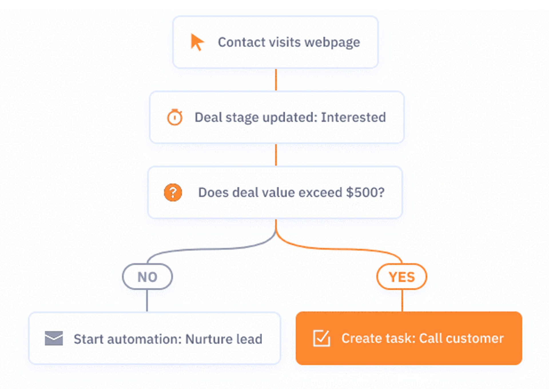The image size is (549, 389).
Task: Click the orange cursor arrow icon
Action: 197,42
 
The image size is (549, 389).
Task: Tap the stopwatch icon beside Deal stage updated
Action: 174,117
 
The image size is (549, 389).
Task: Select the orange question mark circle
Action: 173,192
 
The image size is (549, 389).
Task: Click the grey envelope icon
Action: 54,338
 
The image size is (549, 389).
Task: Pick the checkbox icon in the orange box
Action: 321,338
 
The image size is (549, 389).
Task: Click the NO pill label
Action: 147,277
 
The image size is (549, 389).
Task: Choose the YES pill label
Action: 402,277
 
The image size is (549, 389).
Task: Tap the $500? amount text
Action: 365,192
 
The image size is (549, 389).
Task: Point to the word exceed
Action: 320,192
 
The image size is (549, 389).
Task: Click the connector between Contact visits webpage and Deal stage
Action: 276,80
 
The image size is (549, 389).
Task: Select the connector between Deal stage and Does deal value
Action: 276,155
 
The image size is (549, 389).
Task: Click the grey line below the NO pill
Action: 147,300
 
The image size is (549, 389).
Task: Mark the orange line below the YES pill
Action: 402,300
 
